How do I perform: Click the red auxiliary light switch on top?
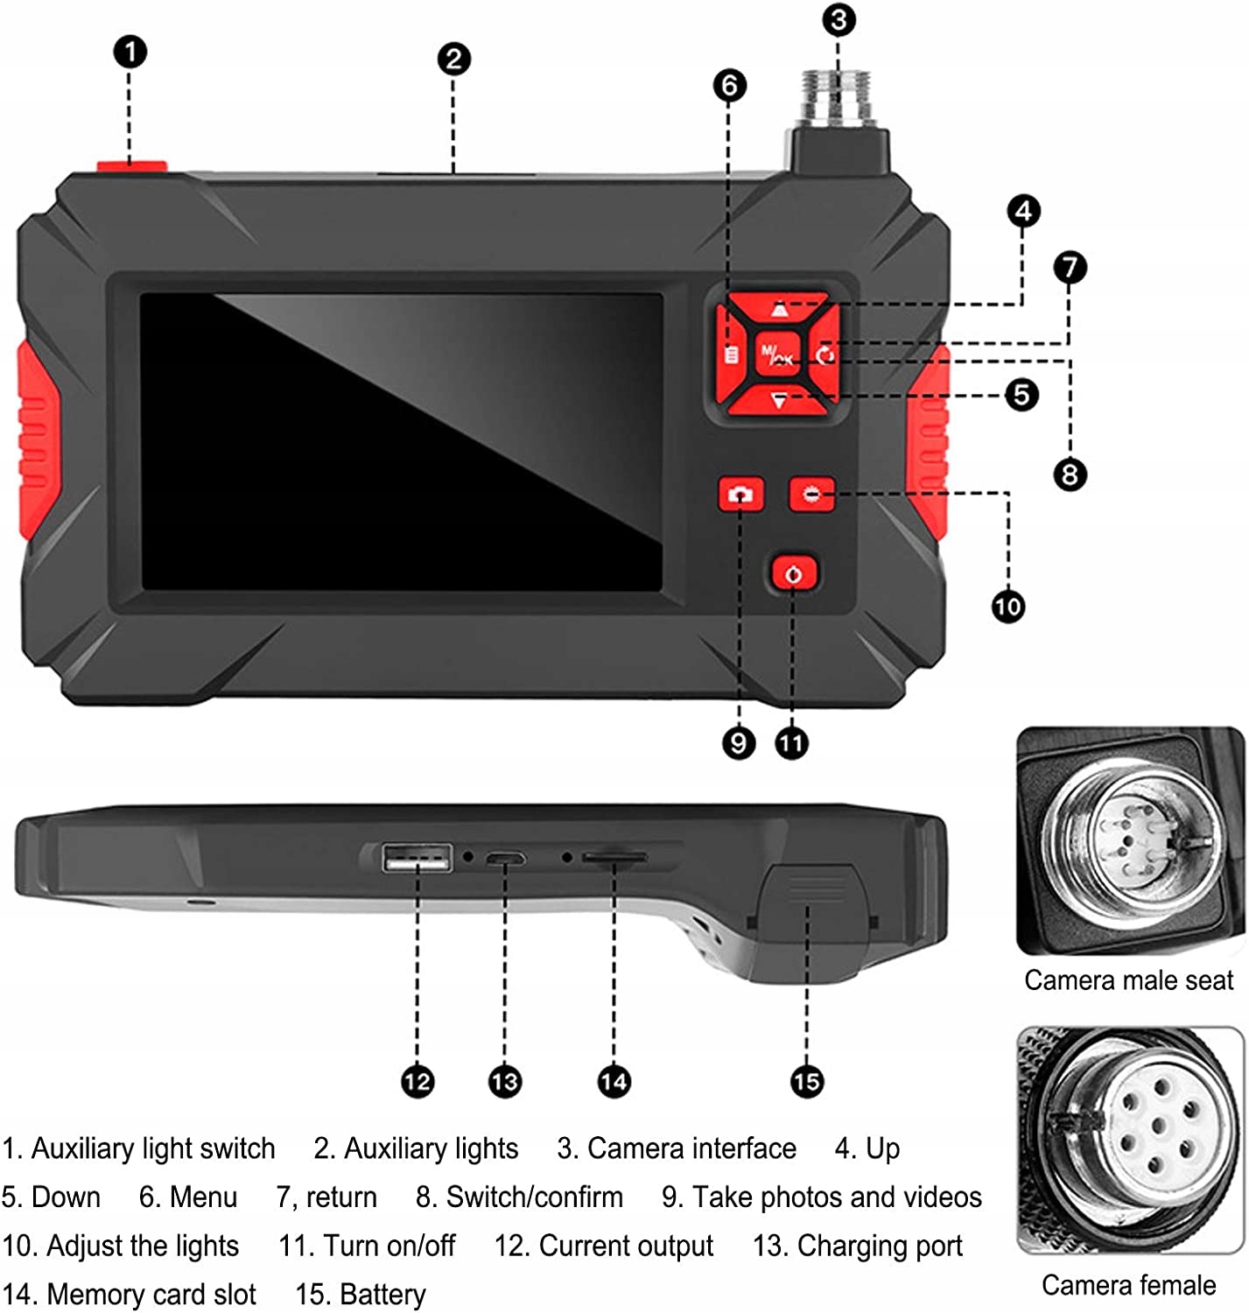click(131, 166)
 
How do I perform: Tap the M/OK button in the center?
click(777, 355)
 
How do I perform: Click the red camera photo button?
click(740, 495)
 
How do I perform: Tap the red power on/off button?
click(794, 574)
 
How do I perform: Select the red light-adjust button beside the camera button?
click(811, 495)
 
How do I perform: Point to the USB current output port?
click(418, 858)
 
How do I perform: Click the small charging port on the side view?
click(506, 859)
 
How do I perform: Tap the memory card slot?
click(614, 859)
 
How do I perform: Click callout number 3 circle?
click(839, 19)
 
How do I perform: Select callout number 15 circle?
click(806, 1082)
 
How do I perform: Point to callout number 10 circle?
click(1007, 607)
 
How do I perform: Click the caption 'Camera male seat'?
click(1128, 980)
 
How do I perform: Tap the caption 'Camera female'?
click(1128, 1285)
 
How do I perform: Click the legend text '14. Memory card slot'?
click(130, 1294)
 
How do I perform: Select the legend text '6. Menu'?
click(188, 1197)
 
